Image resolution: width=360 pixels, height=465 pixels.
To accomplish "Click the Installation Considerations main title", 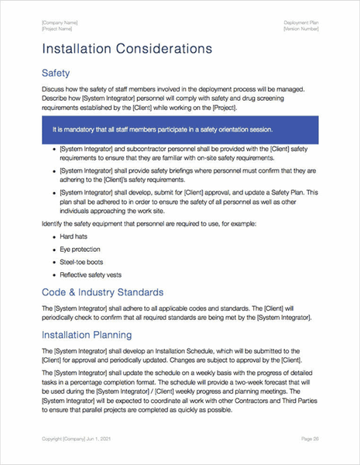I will tap(127, 49).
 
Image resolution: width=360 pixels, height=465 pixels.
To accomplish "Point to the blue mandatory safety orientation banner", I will tap(180, 129).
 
